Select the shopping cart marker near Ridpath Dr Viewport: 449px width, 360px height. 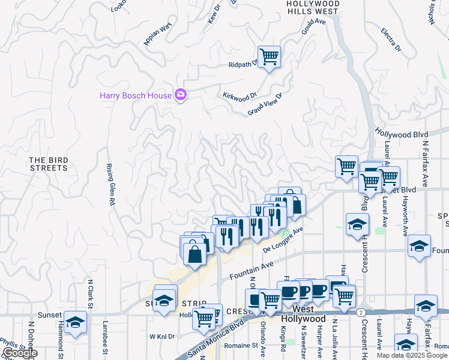[x=270, y=57]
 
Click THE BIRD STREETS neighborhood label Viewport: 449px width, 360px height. [x=49, y=164]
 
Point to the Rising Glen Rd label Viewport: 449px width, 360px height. [x=110, y=184]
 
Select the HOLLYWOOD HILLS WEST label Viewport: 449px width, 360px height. [x=313, y=7]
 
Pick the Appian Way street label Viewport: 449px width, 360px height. [x=158, y=34]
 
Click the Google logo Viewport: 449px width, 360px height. [x=20, y=353]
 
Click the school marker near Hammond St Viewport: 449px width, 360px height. [x=76, y=322]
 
